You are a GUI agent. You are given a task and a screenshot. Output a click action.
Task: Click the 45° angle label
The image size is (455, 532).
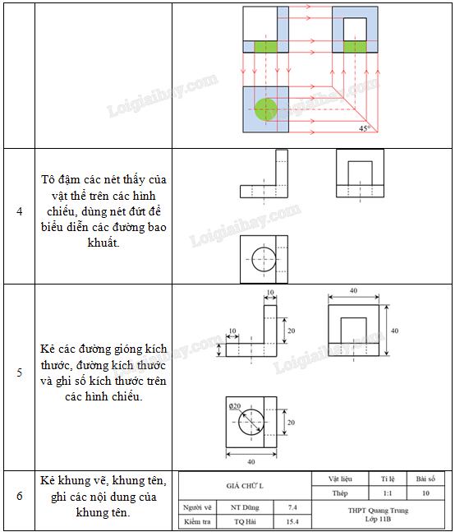coord(365,128)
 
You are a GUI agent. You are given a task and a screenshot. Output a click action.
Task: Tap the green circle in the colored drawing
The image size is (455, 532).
coord(266,109)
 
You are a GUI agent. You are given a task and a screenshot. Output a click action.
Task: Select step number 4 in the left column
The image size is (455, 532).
coord(20,211)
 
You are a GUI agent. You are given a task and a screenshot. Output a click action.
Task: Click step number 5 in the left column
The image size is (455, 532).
coord(20,372)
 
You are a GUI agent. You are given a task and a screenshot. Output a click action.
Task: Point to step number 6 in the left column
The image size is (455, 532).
coord(20,496)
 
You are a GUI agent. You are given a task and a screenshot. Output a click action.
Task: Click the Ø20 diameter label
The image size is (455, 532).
coord(234,406)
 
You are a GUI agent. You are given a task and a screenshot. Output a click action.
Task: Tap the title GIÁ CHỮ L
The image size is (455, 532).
coord(245,486)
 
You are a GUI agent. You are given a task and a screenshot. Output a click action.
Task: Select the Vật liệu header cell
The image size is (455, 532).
coord(340,479)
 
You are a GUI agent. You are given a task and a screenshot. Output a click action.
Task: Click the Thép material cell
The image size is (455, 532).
coord(340,493)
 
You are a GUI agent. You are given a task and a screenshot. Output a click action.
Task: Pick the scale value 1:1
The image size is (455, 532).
coord(388,493)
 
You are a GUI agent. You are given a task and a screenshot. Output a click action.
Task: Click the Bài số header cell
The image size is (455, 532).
coord(425,479)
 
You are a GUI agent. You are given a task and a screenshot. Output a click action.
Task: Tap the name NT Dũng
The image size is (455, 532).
coord(245,507)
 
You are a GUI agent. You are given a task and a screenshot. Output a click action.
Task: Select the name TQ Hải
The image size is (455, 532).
coord(245,521)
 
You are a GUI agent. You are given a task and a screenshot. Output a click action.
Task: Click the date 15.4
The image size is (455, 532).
coord(292,521)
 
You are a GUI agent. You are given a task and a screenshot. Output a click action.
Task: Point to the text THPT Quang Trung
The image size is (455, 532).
coord(378,511)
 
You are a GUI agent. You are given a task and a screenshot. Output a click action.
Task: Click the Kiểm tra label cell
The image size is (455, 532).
coord(197,521)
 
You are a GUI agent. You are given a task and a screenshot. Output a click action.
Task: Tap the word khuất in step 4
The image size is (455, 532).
coord(103,243)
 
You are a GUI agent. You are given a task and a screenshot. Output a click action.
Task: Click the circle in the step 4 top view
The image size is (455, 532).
coord(264,259)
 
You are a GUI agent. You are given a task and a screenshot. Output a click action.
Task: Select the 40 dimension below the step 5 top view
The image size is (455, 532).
coord(251,461)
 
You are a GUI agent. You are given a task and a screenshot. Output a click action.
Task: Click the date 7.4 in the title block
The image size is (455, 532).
coord(292,507)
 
